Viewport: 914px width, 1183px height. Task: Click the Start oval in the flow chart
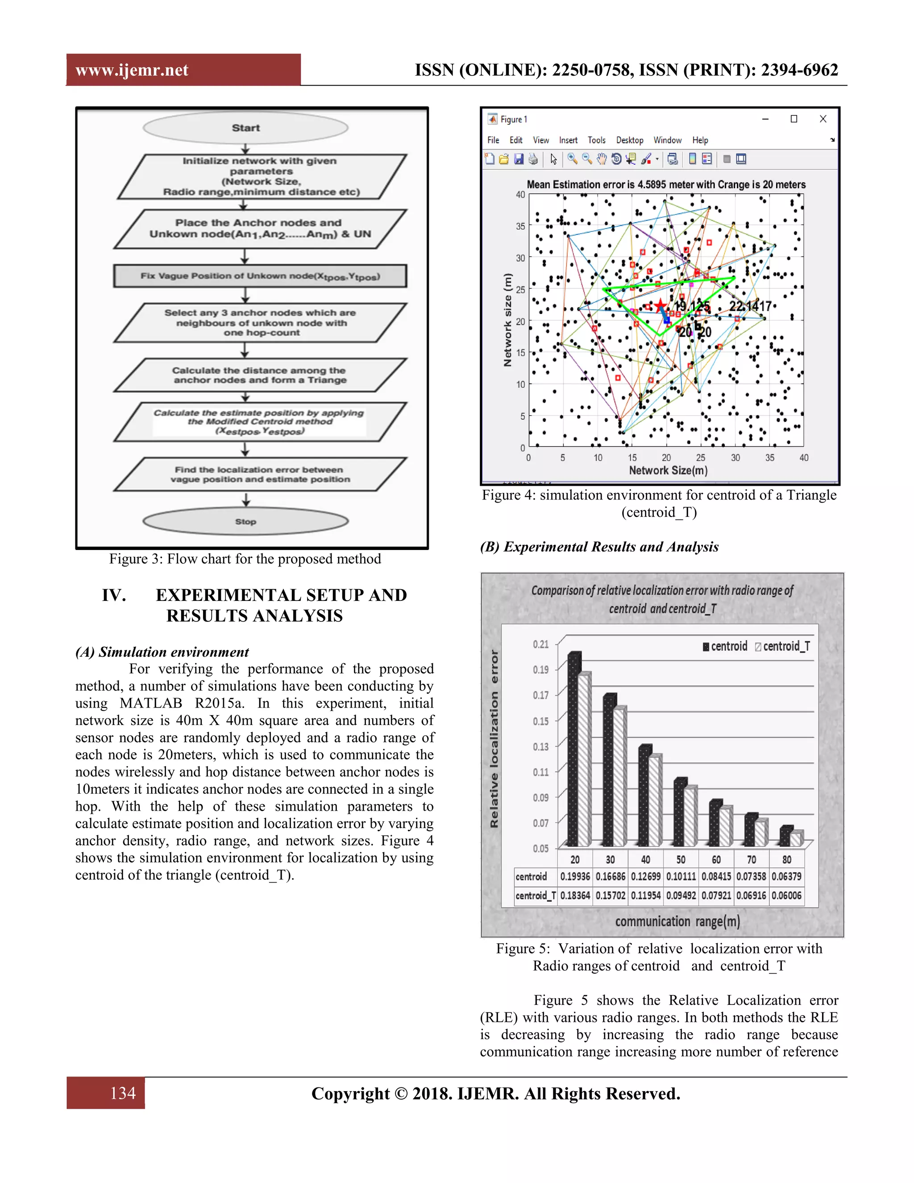pos(245,128)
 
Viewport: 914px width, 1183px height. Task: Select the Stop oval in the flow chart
pos(245,521)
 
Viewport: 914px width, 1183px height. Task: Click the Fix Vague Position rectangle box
pos(260,276)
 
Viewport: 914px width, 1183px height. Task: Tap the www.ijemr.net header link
pos(132,70)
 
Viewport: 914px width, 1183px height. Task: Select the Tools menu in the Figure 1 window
pos(596,140)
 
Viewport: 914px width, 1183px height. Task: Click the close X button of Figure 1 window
pos(823,119)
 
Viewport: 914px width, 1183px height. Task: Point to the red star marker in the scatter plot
pos(660,306)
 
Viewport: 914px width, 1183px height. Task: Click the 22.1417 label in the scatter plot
pos(750,307)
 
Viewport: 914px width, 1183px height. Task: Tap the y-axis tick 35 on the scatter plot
pos(520,226)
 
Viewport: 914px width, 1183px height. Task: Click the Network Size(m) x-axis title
pos(668,470)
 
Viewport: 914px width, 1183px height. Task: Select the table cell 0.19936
pos(575,876)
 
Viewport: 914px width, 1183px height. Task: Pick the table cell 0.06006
pos(786,896)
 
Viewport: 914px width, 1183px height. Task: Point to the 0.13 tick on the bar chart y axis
pos(540,746)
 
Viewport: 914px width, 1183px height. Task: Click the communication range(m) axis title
pos(677,921)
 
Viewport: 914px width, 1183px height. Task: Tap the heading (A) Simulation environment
pos(162,652)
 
